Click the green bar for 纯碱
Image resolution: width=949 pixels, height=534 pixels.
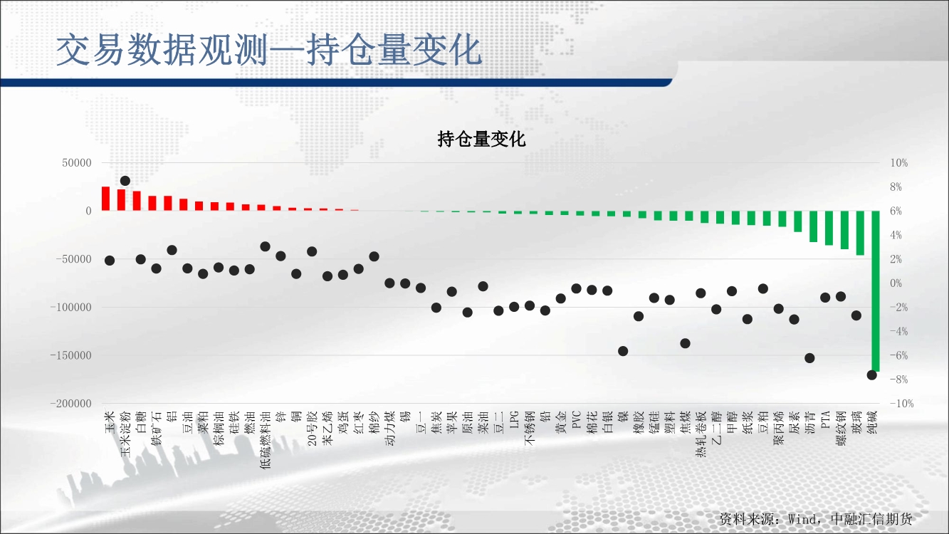click(x=876, y=290)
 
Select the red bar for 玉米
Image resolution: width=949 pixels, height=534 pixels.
click(x=106, y=199)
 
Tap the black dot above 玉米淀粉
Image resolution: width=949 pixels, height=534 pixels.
click(x=125, y=181)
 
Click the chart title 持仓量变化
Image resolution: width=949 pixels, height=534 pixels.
click(x=481, y=139)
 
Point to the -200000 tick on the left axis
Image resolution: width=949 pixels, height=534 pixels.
click(x=70, y=404)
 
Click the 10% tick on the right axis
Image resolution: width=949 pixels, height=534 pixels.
click(x=899, y=163)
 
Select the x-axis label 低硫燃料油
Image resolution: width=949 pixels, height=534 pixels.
click(x=266, y=439)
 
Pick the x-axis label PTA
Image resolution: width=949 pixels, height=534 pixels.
click(x=825, y=419)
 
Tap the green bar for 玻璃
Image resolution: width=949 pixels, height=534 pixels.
click(x=860, y=233)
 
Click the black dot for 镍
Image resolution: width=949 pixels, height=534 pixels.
click(x=623, y=351)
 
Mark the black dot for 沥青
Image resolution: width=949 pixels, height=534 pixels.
click(x=809, y=358)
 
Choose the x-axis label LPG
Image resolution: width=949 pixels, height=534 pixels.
click(x=514, y=419)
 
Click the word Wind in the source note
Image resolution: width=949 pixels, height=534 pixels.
click(x=802, y=519)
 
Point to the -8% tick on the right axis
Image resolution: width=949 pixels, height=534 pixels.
click(x=899, y=379)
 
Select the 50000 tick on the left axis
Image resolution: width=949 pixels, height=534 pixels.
click(x=77, y=163)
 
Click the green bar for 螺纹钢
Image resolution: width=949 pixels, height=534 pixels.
click(x=844, y=230)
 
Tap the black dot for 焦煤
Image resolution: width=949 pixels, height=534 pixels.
click(x=685, y=343)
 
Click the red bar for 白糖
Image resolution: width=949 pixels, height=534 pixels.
click(x=137, y=201)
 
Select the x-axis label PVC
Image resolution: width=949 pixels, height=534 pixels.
click(x=576, y=419)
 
